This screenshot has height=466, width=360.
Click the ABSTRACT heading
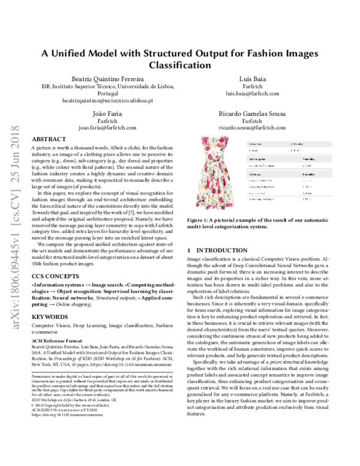tap(49, 138)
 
